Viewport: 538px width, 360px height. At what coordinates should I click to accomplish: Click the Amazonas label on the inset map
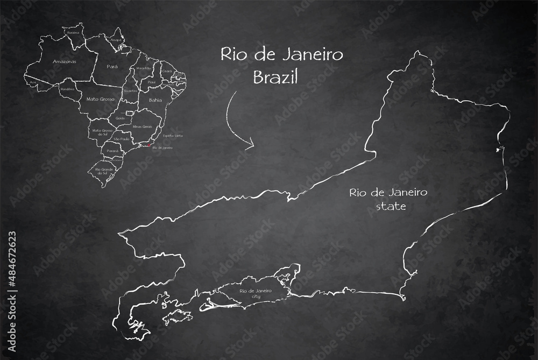65,62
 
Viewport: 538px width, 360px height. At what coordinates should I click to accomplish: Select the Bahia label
155,100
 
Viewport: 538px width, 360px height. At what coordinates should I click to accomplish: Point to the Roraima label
74,32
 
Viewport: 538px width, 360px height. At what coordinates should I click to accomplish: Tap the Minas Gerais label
141,126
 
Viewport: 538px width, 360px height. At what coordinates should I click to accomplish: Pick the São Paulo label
122,139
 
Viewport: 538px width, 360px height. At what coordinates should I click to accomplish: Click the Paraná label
112,151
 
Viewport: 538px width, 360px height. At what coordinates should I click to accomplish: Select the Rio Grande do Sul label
103,171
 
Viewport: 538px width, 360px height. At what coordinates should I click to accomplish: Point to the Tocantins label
130,91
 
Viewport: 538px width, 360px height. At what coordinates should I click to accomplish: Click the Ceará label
167,71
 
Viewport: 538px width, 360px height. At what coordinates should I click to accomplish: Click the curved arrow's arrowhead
250,145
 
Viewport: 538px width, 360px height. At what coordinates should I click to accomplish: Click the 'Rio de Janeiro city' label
255,293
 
